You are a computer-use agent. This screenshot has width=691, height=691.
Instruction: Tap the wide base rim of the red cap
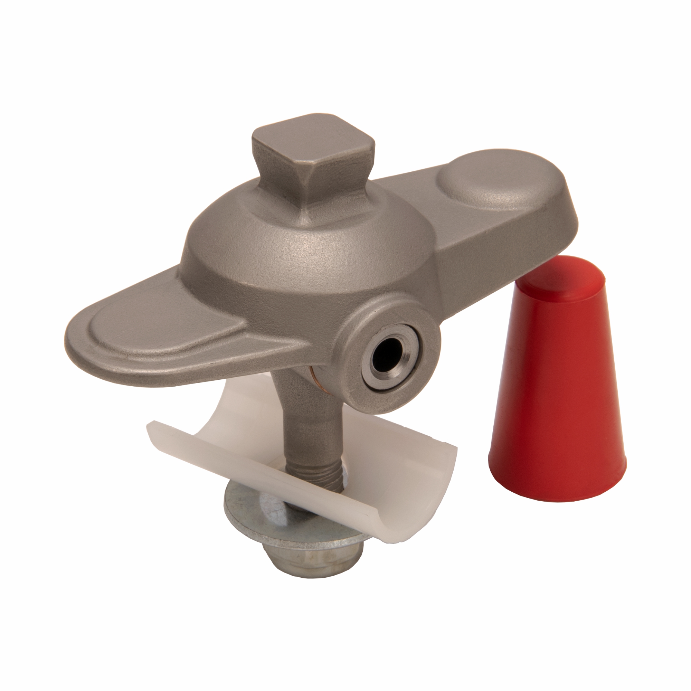(558, 494)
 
